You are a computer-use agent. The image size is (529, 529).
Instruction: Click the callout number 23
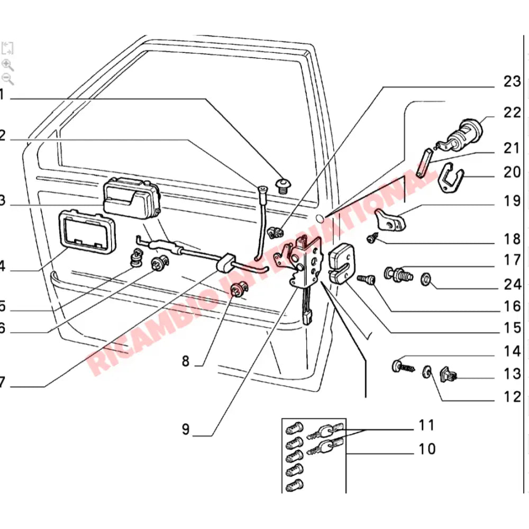pyautogui.click(x=512, y=82)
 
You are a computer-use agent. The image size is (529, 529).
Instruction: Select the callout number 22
pyautogui.click(x=512, y=113)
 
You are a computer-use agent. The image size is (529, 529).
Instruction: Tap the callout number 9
pyautogui.click(x=185, y=429)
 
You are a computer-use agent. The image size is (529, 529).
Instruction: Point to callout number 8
pyautogui.click(x=185, y=362)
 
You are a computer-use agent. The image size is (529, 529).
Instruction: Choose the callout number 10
pyautogui.click(x=427, y=449)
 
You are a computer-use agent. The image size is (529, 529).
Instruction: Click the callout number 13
pyautogui.click(x=512, y=375)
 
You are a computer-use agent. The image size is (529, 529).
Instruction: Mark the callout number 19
pyautogui.click(x=512, y=202)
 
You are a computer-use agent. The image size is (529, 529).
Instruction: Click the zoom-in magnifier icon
pyautogui.click(x=7, y=65)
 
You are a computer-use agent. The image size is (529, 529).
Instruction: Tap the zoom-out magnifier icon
pyautogui.click(x=7, y=79)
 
